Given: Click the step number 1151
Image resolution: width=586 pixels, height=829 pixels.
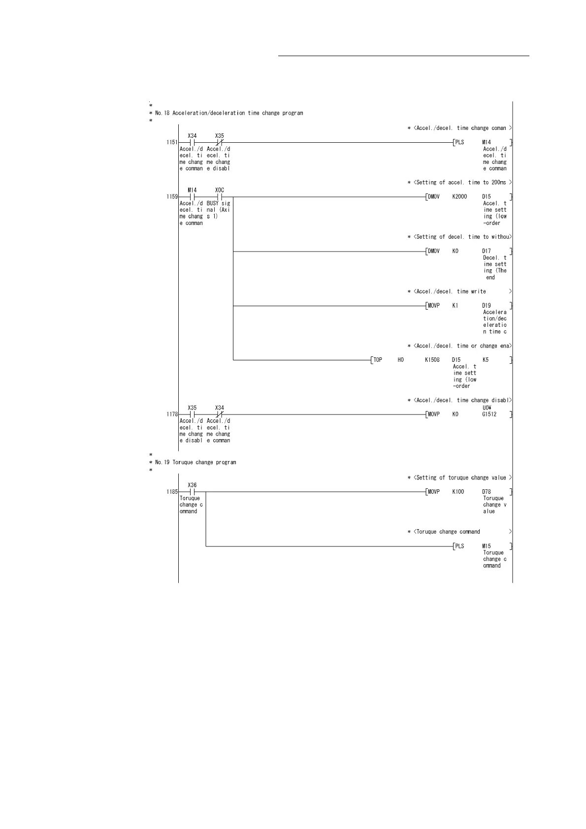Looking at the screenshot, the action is pos(172,142).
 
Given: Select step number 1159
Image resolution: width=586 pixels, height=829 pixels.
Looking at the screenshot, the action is pos(172,197).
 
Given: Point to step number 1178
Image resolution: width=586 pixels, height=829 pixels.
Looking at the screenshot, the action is pos(172,414).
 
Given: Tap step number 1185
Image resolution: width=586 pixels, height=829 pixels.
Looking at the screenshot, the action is pos(172,492).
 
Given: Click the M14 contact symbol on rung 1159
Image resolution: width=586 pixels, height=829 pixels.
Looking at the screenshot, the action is pos(192,197).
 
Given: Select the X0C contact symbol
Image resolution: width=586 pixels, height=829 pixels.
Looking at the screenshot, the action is pos(220,197).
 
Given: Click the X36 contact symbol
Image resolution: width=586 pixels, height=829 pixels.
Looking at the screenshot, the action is pos(192,492).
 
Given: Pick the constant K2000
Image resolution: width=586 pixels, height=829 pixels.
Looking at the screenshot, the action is pos(459,197).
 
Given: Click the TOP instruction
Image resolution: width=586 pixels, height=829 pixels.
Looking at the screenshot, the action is pos(378,360).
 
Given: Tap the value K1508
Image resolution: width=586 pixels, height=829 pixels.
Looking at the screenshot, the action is pos(432,360).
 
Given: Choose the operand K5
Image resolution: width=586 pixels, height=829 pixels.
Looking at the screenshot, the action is pos(486,360).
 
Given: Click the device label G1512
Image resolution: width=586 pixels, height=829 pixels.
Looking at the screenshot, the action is pos(489,414).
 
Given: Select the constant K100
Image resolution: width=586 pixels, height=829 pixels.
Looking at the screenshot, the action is pos(458,492).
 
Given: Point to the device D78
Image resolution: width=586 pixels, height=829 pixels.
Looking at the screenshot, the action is pos(487,492).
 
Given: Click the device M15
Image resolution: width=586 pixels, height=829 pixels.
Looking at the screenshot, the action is pos(487,546).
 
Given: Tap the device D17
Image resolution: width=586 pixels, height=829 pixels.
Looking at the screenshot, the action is pos(487,251).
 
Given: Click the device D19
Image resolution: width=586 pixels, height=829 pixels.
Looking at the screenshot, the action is pos(487,306).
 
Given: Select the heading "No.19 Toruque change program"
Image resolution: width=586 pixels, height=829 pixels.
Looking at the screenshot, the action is pos(195,463).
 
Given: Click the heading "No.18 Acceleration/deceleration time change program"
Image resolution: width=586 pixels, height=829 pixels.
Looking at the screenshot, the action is pos(229,113).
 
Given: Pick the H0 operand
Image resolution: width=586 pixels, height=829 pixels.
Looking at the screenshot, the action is pos(400,360).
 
